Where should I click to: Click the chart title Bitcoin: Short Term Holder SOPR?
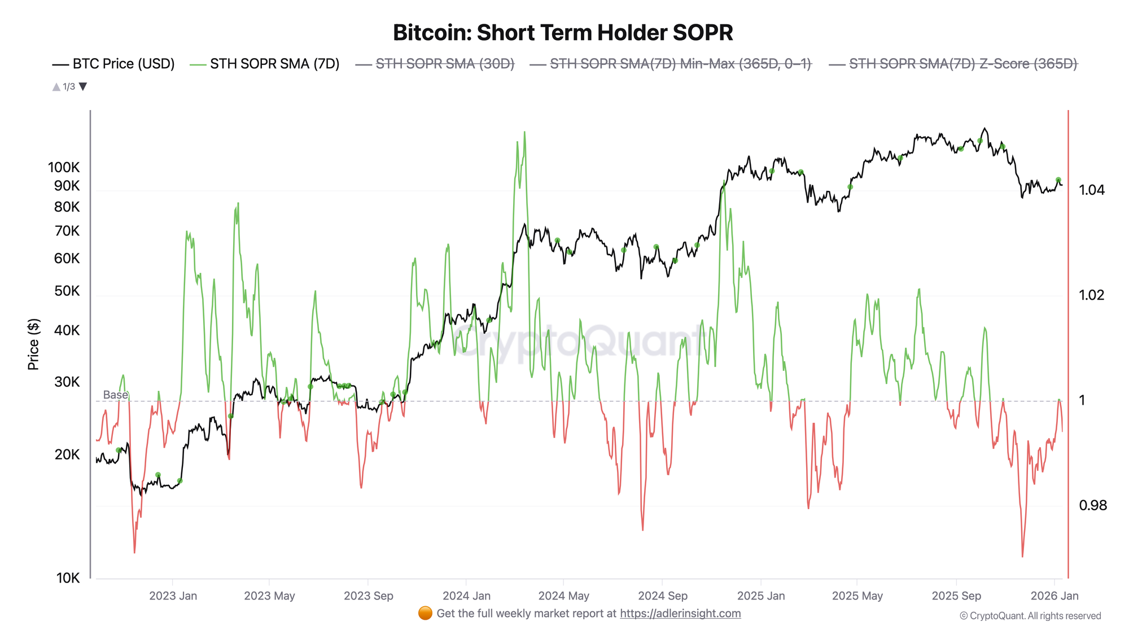point(563,33)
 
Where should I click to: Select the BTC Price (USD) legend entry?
point(113,64)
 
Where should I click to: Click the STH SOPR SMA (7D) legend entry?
point(265,64)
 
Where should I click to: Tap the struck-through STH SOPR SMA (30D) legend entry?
point(435,64)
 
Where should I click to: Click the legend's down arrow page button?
point(83,86)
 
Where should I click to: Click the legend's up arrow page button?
point(56,86)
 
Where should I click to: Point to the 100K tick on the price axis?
point(64,167)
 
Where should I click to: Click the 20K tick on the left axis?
point(67,454)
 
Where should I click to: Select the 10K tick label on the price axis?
point(68,577)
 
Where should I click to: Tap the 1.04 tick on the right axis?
point(1092,190)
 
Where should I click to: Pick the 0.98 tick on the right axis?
point(1093,505)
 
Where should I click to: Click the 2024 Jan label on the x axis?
point(466,595)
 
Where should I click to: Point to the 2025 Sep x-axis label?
point(956,595)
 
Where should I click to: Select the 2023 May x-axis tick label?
point(269,595)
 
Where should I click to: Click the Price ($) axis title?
point(33,344)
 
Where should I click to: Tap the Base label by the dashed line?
point(115,395)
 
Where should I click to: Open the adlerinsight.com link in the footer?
point(680,614)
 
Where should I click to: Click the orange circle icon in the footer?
point(425,613)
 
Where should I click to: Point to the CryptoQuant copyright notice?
point(1030,616)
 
